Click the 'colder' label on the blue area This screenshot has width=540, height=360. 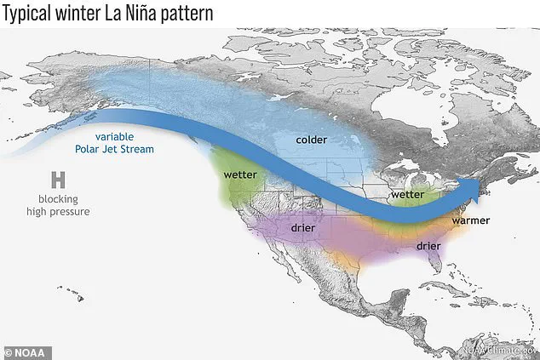coord(312,139)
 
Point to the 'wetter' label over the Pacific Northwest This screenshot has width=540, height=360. coord(240,174)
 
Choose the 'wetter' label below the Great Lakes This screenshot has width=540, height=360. coord(407,195)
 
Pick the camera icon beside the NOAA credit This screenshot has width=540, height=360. coord(10,350)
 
